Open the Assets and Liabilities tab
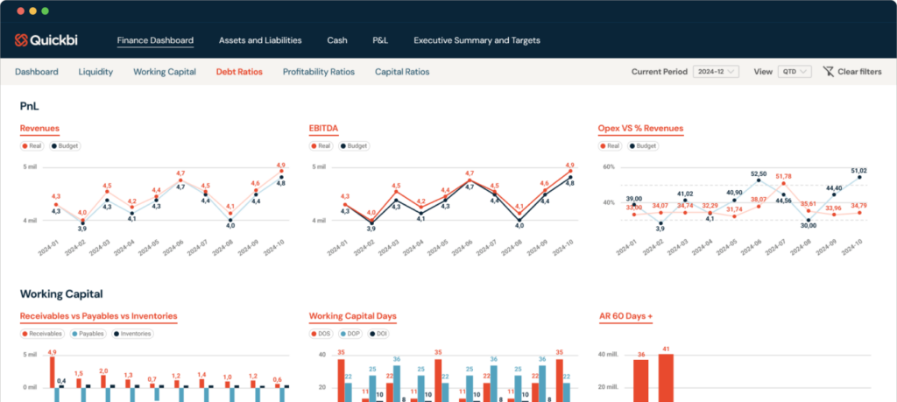click(259, 40)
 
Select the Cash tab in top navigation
click(337, 40)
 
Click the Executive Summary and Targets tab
click(477, 40)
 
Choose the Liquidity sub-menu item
click(95, 72)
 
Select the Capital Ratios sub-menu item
click(402, 72)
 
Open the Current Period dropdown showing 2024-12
click(716, 72)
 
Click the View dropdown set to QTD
click(795, 72)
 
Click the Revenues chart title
click(41, 129)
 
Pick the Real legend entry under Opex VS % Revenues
click(610, 146)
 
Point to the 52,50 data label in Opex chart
click(759, 174)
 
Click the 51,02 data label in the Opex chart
click(858, 171)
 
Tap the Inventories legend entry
click(133, 334)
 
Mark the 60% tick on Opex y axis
click(607, 166)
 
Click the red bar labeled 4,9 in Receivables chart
click(53, 371)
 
